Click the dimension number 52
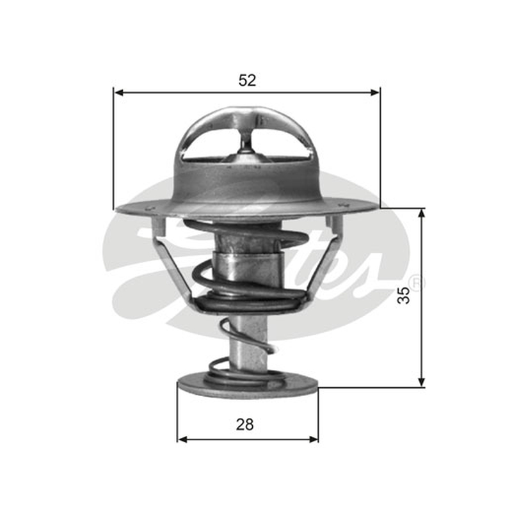[x=247, y=81]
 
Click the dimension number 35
[x=404, y=295]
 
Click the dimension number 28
[x=245, y=424]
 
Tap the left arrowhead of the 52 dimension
[x=119, y=93]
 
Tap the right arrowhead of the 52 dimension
[x=375, y=93]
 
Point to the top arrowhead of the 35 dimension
[x=422, y=214]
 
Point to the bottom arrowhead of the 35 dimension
[x=422, y=382]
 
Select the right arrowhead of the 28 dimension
[x=313, y=440]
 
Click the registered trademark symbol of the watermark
[x=418, y=284]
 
